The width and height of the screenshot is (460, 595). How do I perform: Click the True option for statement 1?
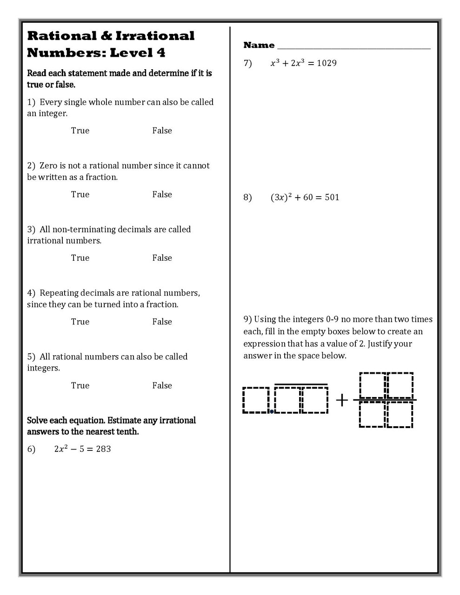point(80,131)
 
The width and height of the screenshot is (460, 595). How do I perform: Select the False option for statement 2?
point(162,194)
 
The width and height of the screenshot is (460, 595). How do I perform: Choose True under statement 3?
point(80,258)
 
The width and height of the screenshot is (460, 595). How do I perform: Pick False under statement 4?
point(162,322)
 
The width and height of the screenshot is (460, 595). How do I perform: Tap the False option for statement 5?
point(162,385)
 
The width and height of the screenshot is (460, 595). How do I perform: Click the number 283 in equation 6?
point(103,449)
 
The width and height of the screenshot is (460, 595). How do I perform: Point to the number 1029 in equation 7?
point(327,63)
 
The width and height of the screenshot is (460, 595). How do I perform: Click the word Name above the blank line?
point(259,45)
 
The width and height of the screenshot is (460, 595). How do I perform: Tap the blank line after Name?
point(353,47)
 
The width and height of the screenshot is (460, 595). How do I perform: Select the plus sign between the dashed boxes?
point(342,400)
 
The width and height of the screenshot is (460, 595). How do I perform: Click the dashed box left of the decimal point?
point(256,400)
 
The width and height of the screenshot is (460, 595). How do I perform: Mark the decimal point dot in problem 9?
point(272,411)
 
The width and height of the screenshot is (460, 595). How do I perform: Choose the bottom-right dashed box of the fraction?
point(400,414)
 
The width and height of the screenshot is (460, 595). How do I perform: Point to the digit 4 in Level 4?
point(160,53)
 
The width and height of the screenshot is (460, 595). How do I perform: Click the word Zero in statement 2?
point(48,166)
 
